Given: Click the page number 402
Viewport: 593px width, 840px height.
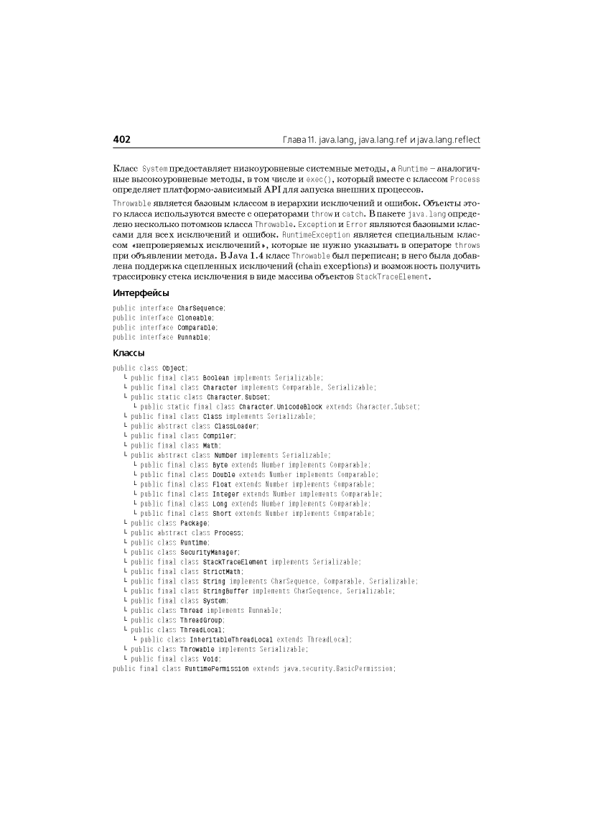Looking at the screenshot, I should [122, 139].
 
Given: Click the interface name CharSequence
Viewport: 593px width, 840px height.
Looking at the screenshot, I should [200, 308].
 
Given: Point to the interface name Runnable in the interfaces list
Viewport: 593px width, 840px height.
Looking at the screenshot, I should [193, 337].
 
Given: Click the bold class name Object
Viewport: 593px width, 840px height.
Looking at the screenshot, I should [174, 368].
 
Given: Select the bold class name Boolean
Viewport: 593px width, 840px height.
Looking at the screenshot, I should [216, 377].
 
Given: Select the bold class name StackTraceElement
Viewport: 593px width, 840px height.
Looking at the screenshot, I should [235, 562].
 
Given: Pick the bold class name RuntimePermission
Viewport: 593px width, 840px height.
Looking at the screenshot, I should [216, 668].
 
